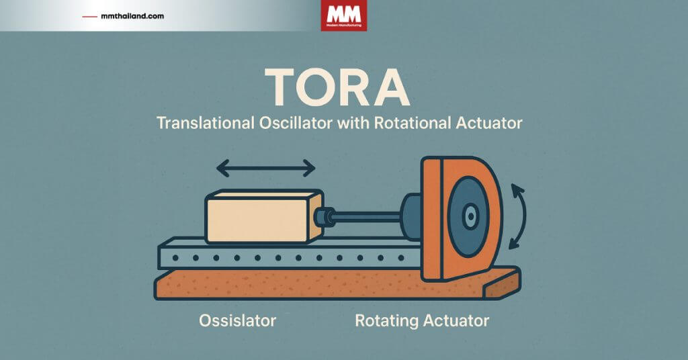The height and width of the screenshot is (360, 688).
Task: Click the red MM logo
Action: (343, 15)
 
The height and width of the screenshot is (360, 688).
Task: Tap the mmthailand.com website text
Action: (133, 15)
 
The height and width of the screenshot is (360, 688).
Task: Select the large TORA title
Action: (338, 88)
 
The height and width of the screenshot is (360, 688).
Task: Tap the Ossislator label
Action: (237, 320)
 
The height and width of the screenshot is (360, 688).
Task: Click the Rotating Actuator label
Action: (422, 320)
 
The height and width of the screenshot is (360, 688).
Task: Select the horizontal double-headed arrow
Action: (265, 167)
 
